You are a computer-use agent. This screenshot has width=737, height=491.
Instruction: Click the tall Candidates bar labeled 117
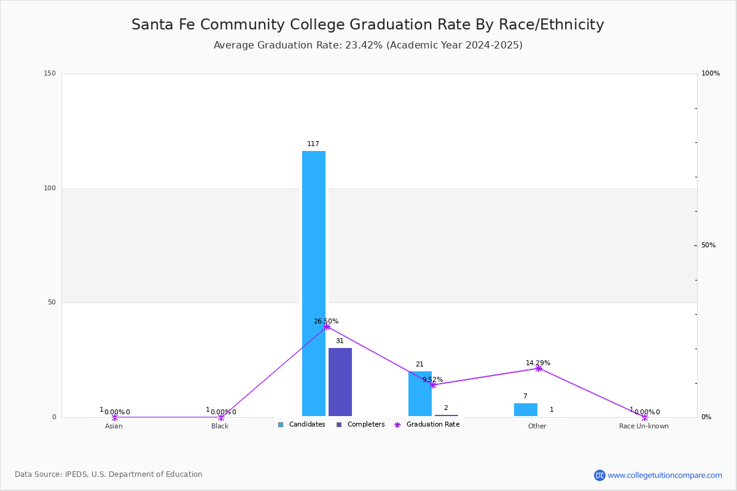point(313,282)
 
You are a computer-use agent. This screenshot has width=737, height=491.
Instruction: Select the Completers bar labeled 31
point(340,382)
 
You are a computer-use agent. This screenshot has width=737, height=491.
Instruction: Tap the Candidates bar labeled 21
point(419,393)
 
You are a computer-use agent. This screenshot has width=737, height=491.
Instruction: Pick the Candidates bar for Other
point(525,409)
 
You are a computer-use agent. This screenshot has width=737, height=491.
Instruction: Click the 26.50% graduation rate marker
point(327,327)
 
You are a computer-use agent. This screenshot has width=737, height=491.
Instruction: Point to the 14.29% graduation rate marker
point(539,368)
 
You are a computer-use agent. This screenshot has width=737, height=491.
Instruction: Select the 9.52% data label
point(432,379)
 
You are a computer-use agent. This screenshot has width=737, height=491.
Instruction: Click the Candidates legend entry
point(302,425)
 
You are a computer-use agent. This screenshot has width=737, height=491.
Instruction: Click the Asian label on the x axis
point(114,426)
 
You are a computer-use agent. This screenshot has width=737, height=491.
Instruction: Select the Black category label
point(220,426)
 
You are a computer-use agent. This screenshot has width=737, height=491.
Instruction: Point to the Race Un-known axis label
point(644,426)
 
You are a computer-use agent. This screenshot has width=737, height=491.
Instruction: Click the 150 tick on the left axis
point(50,74)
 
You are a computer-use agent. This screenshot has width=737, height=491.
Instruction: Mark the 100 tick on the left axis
point(50,188)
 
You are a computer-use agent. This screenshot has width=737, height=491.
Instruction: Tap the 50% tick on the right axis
point(708,245)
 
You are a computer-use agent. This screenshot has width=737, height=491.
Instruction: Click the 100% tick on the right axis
point(710,74)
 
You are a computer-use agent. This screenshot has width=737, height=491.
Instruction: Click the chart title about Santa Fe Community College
point(368,25)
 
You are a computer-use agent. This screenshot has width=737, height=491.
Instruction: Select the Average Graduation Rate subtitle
point(368,45)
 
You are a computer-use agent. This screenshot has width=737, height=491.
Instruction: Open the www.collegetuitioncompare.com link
point(665,475)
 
